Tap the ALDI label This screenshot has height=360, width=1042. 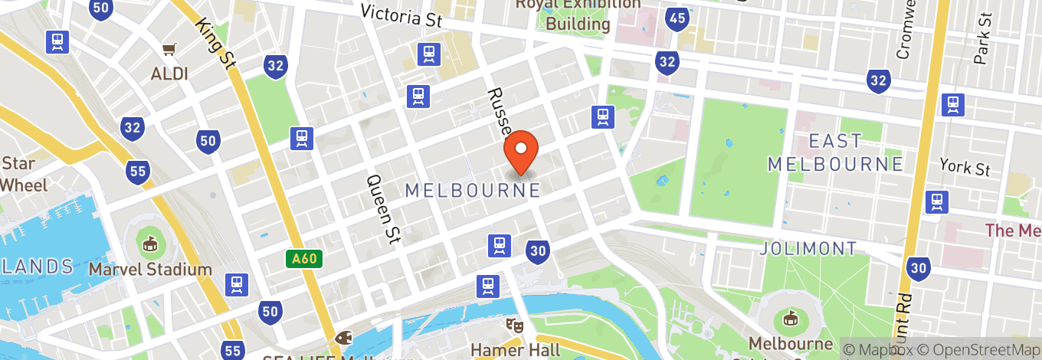(x=169, y=74)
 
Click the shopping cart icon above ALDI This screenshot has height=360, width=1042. (x=169, y=50)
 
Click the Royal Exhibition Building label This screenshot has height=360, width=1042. (x=578, y=14)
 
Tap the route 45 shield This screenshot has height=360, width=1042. (x=677, y=18)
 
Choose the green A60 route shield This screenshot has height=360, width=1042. (x=304, y=260)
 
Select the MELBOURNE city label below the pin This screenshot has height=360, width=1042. (x=473, y=190)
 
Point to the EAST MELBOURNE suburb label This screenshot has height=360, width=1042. (x=835, y=152)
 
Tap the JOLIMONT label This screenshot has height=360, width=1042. (x=808, y=248)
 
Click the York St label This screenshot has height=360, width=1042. (x=966, y=168)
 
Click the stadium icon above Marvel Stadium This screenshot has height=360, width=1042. (x=149, y=244)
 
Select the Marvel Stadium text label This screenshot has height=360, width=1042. (x=149, y=269)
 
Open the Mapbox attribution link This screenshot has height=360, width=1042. (x=880, y=349)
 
